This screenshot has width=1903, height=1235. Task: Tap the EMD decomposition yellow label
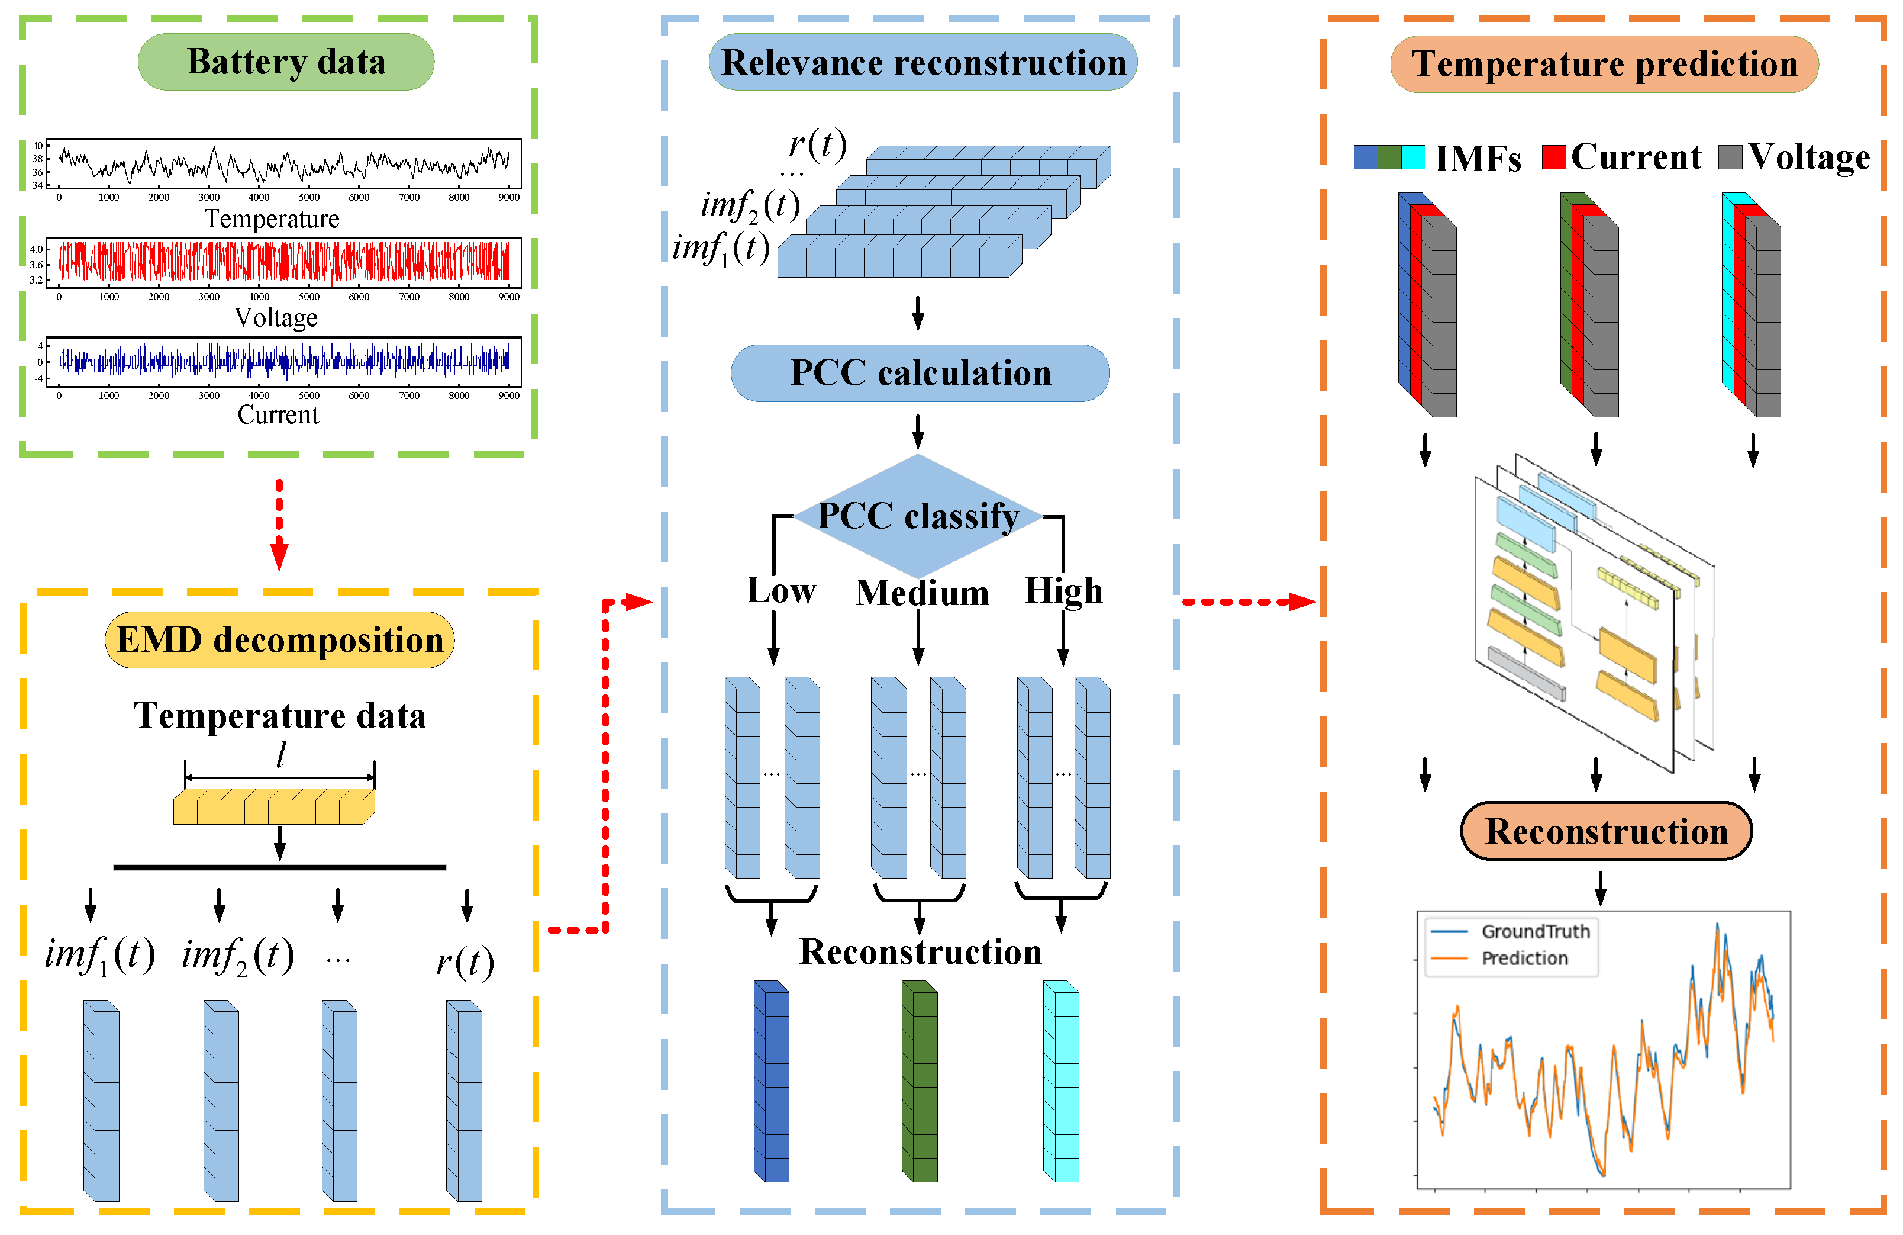(279, 640)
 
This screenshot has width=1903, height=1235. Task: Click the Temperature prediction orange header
(1604, 64)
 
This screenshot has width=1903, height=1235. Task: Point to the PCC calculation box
(920, 373)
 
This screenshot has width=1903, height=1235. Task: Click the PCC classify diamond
(918, 516)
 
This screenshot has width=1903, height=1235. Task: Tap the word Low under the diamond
(780, 590)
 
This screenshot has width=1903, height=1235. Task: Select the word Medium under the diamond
(922, 593)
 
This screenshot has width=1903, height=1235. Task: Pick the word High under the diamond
(1063, 591)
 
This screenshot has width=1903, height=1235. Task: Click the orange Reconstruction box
(1607, 831)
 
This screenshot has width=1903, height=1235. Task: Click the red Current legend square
(1553, 157)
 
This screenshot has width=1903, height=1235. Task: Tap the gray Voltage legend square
(1730, 157)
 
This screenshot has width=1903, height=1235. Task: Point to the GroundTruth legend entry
(1534, 931)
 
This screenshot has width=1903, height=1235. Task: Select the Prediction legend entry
(1524, 959)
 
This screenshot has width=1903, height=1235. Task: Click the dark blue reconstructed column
(772, 1082)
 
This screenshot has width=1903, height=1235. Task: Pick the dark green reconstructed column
(920, 1082)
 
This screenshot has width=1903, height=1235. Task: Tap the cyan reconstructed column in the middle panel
(1061, 1082)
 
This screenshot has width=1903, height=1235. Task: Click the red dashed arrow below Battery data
(279, 524)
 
